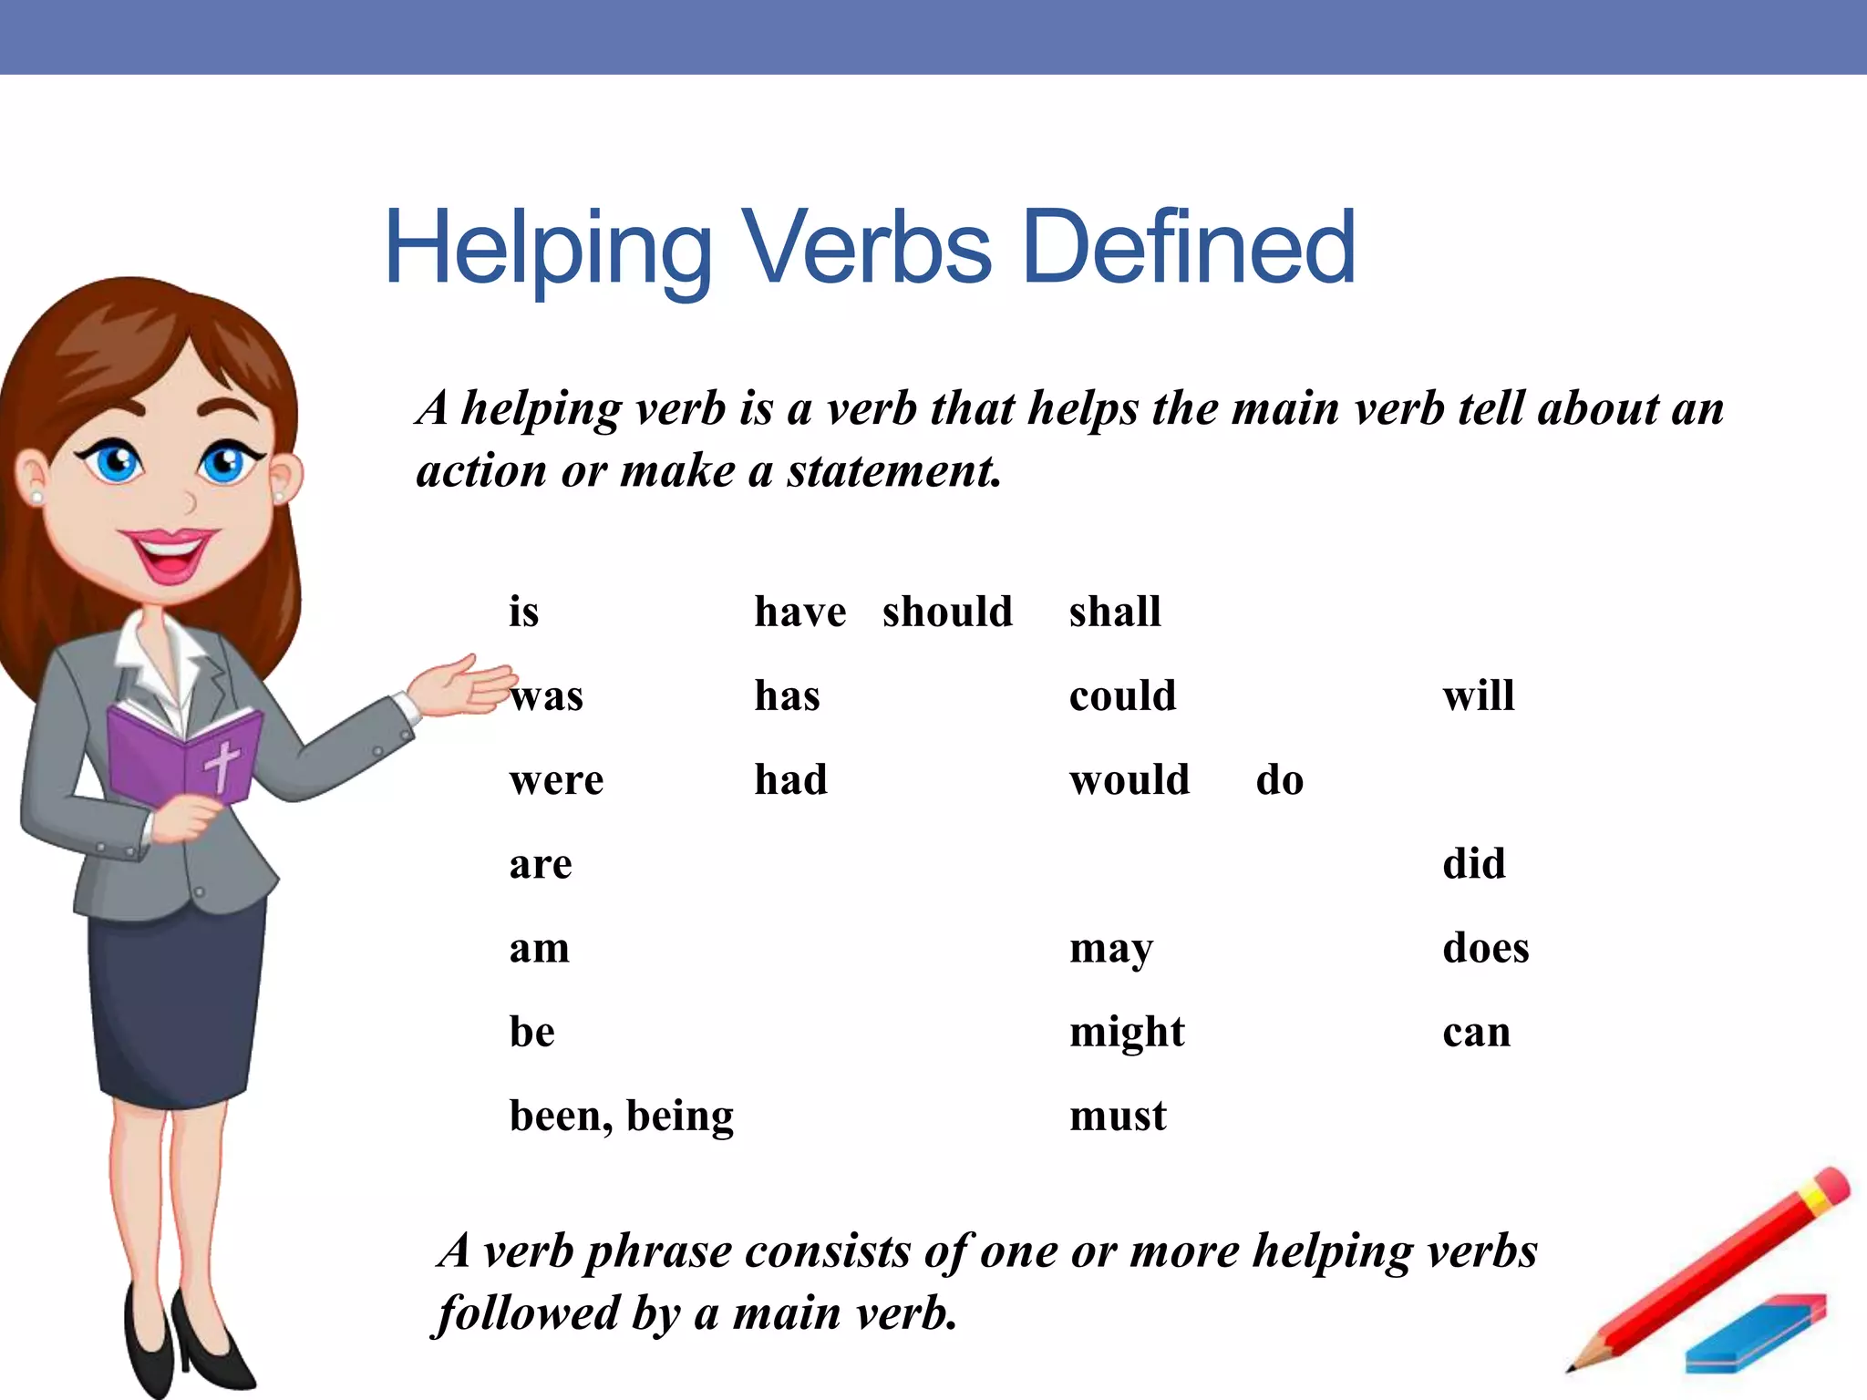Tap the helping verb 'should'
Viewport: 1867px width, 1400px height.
click(947, 612)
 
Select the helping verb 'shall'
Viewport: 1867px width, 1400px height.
click(1115, 612)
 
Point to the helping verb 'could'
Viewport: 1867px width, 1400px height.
click(1122, 696)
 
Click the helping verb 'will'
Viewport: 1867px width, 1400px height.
click(1478, 696)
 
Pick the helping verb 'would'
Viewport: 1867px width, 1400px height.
click(1129, 780)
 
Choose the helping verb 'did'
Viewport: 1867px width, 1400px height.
click(1473, 864)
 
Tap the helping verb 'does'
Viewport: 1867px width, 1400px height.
click(1485, 948)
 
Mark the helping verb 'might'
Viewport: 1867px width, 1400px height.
click(1127, 1033)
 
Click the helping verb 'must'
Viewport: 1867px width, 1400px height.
click(1118, 1117)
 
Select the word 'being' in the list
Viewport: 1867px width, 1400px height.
click(680, 1117)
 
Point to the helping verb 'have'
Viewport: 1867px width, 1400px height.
click(799, 612)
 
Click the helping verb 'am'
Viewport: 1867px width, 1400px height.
click(539, 948)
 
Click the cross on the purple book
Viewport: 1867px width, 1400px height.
click(222, 764)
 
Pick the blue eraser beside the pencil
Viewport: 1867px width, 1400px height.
click(1755, 1333)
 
